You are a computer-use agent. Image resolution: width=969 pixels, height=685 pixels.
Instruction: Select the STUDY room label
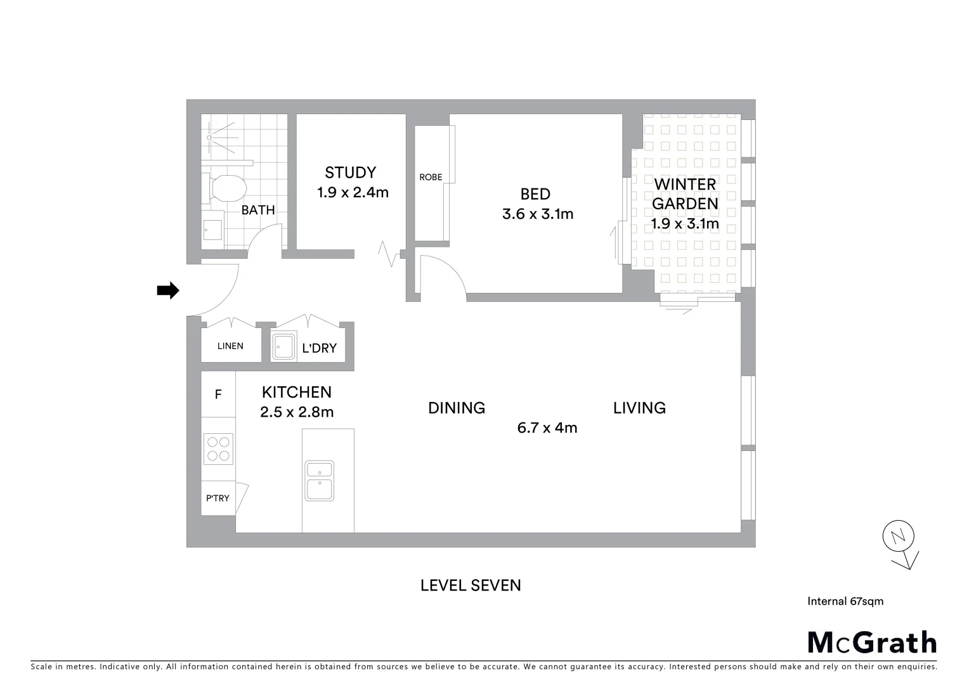(350, 173)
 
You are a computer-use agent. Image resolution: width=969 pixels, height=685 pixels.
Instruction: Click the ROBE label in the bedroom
(431, 178)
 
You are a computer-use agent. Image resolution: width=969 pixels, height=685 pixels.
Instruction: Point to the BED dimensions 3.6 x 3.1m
(537, 214)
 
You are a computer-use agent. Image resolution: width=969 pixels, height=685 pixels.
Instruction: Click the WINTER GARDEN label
(685, 194)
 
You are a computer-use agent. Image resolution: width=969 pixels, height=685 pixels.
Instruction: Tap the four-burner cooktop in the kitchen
(218, 448)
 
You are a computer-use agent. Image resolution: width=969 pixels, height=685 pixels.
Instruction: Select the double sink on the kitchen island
(320, 480)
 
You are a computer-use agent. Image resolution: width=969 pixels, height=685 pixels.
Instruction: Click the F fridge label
(218, 395)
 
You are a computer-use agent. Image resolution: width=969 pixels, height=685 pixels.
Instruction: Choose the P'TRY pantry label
(218, 499)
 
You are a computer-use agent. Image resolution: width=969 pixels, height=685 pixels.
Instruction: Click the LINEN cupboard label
(230, 346)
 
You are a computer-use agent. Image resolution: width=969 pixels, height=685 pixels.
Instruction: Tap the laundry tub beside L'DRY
(283, 346)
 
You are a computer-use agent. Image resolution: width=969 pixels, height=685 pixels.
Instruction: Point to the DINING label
(457, 408)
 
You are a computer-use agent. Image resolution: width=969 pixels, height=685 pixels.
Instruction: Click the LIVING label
(639, 408)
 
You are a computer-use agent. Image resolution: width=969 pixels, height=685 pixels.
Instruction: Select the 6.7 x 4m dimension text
(547, 428)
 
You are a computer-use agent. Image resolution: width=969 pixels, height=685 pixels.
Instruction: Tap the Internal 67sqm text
(845, 601)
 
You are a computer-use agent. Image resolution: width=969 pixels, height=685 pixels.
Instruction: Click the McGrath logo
(872, 643)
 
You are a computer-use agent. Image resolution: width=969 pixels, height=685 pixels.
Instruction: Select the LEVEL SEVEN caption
(471, 585)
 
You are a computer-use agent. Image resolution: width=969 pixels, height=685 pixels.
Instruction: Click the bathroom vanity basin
(212, 230)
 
